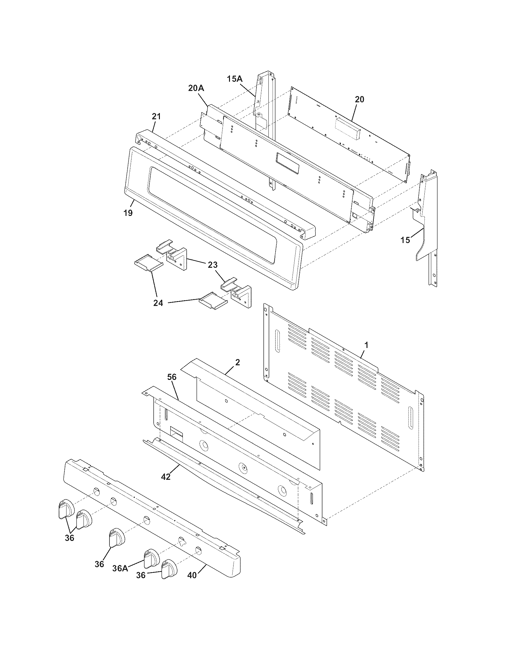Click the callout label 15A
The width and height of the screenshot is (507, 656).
click(x=234, y=79)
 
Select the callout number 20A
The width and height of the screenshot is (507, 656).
click(x=196, y=88)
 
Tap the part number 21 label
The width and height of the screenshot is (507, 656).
click(x=156, y=117)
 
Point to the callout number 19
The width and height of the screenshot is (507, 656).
click(x=128, y=213)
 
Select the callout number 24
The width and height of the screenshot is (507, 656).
click(x=158, y=303)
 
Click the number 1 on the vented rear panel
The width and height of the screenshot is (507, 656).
click(x=366, y=345)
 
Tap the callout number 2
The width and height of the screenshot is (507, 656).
click(x=237, y=362)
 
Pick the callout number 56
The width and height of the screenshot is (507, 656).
click(x=171, y=377)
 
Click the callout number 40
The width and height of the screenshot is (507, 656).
click(x=192, y=575)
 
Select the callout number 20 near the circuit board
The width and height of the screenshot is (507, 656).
click(x=359, y=99)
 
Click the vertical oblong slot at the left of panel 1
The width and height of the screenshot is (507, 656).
click(x=277, y=341)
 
